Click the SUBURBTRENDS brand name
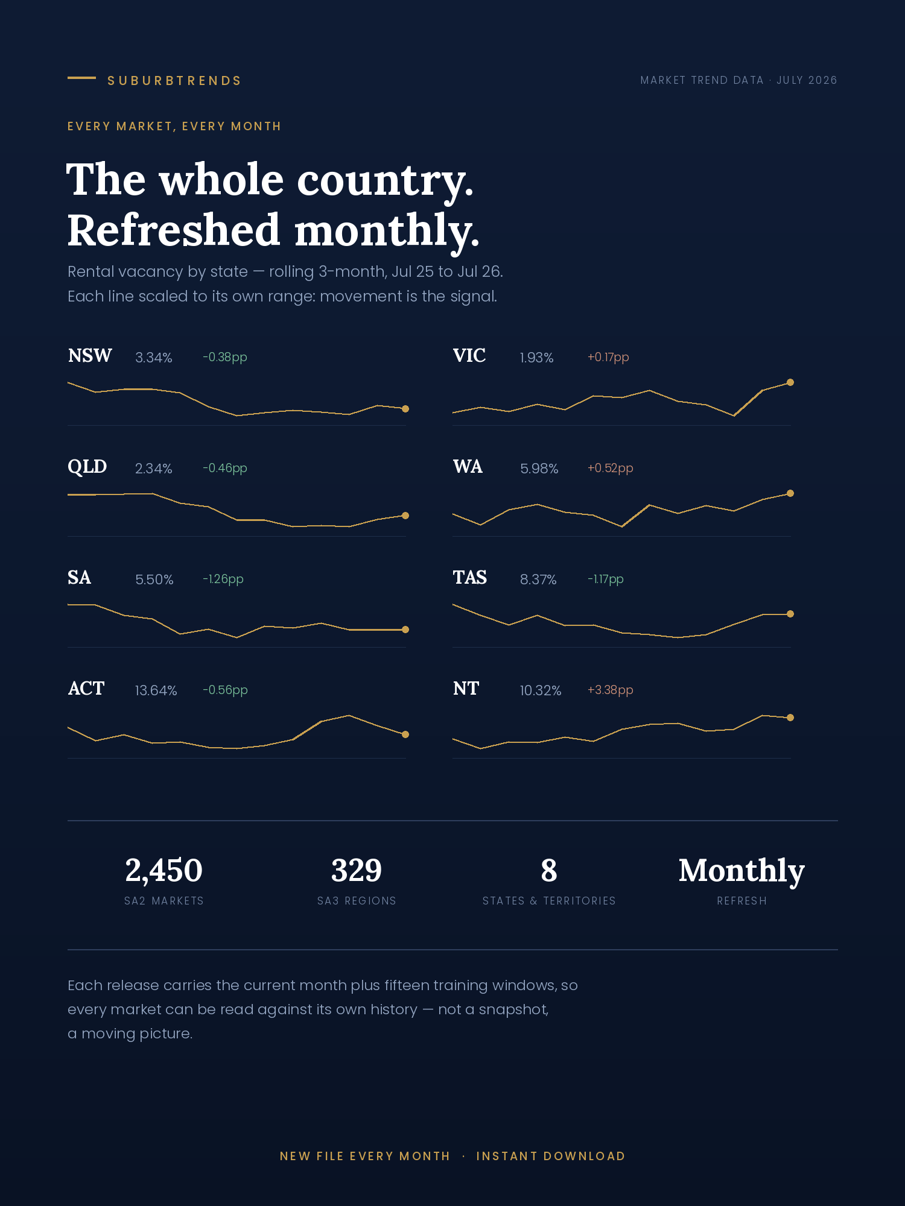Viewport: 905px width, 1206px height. pyautogui.click(x=174, y=81)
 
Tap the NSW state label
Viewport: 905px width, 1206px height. pyautogui.click(x=90, y=356)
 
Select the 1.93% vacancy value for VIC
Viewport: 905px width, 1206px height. pyautogui.click(x=536, y=358)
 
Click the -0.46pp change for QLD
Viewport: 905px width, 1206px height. pyautogui.click(x=225, y=468)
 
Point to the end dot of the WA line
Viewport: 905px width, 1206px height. pyautogui.click(x=790, y=493)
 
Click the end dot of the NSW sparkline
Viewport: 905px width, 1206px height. pyautogui.click(x=405, y=409)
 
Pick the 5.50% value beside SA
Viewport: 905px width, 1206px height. pyautogui.click(x=154, y=579)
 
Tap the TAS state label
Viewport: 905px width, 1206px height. pyautogui.click(x=470, y=578)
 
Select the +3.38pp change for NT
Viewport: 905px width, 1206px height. pyautogui.click(x=611, y=690)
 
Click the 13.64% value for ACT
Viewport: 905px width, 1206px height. pyautogui.click(x=156, y=690)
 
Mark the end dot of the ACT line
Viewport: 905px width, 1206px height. pyautogui.click(x=405, y=734)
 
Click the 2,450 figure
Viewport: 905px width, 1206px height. pyautogui.click(x=164, y=871)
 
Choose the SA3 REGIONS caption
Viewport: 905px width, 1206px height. pyautogui.click(x=357, y=901)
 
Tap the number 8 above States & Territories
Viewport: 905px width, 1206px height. pyautogui.click(x=549, y=871)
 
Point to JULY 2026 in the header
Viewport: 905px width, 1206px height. pyautogui.click(x=807, y=80)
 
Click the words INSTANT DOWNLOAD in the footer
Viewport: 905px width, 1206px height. pyautogui.click(x=551, y=1156)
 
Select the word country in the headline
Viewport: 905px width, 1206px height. pyautogui.click(x=386, y=180)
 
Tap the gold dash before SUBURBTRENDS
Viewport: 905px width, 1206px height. pyautogui.click(x=81, y=78)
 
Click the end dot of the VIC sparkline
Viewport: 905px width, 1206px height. pyautogui.click(x=790, y=382)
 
